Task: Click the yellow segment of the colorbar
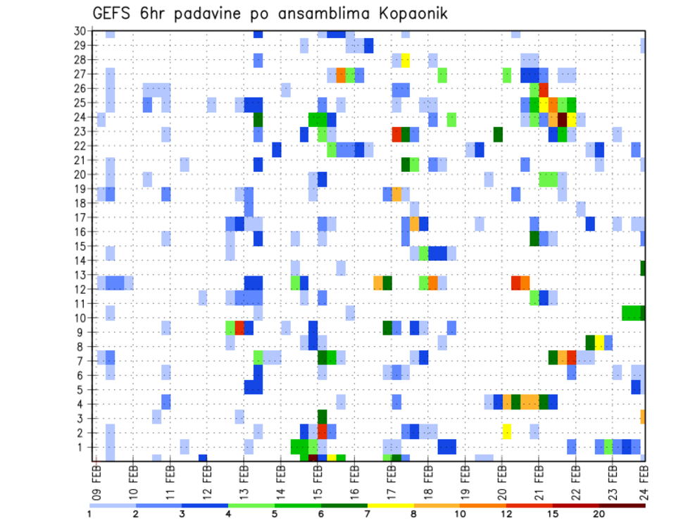[391, 505]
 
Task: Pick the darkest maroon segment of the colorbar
[622, 505]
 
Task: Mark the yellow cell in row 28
[406, 59]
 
